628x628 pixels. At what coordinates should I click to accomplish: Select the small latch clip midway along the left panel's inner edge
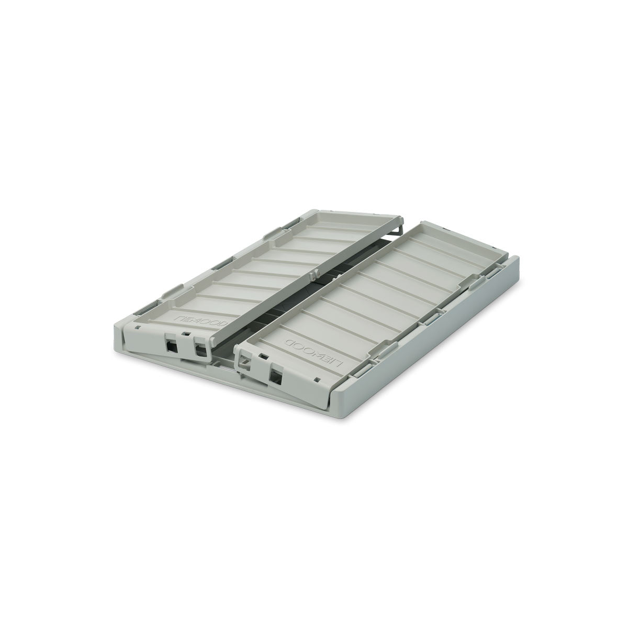click(314, 275)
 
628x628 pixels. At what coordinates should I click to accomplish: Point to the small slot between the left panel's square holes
click(186, 333)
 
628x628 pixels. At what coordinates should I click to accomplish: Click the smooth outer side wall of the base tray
click(429, 345)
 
